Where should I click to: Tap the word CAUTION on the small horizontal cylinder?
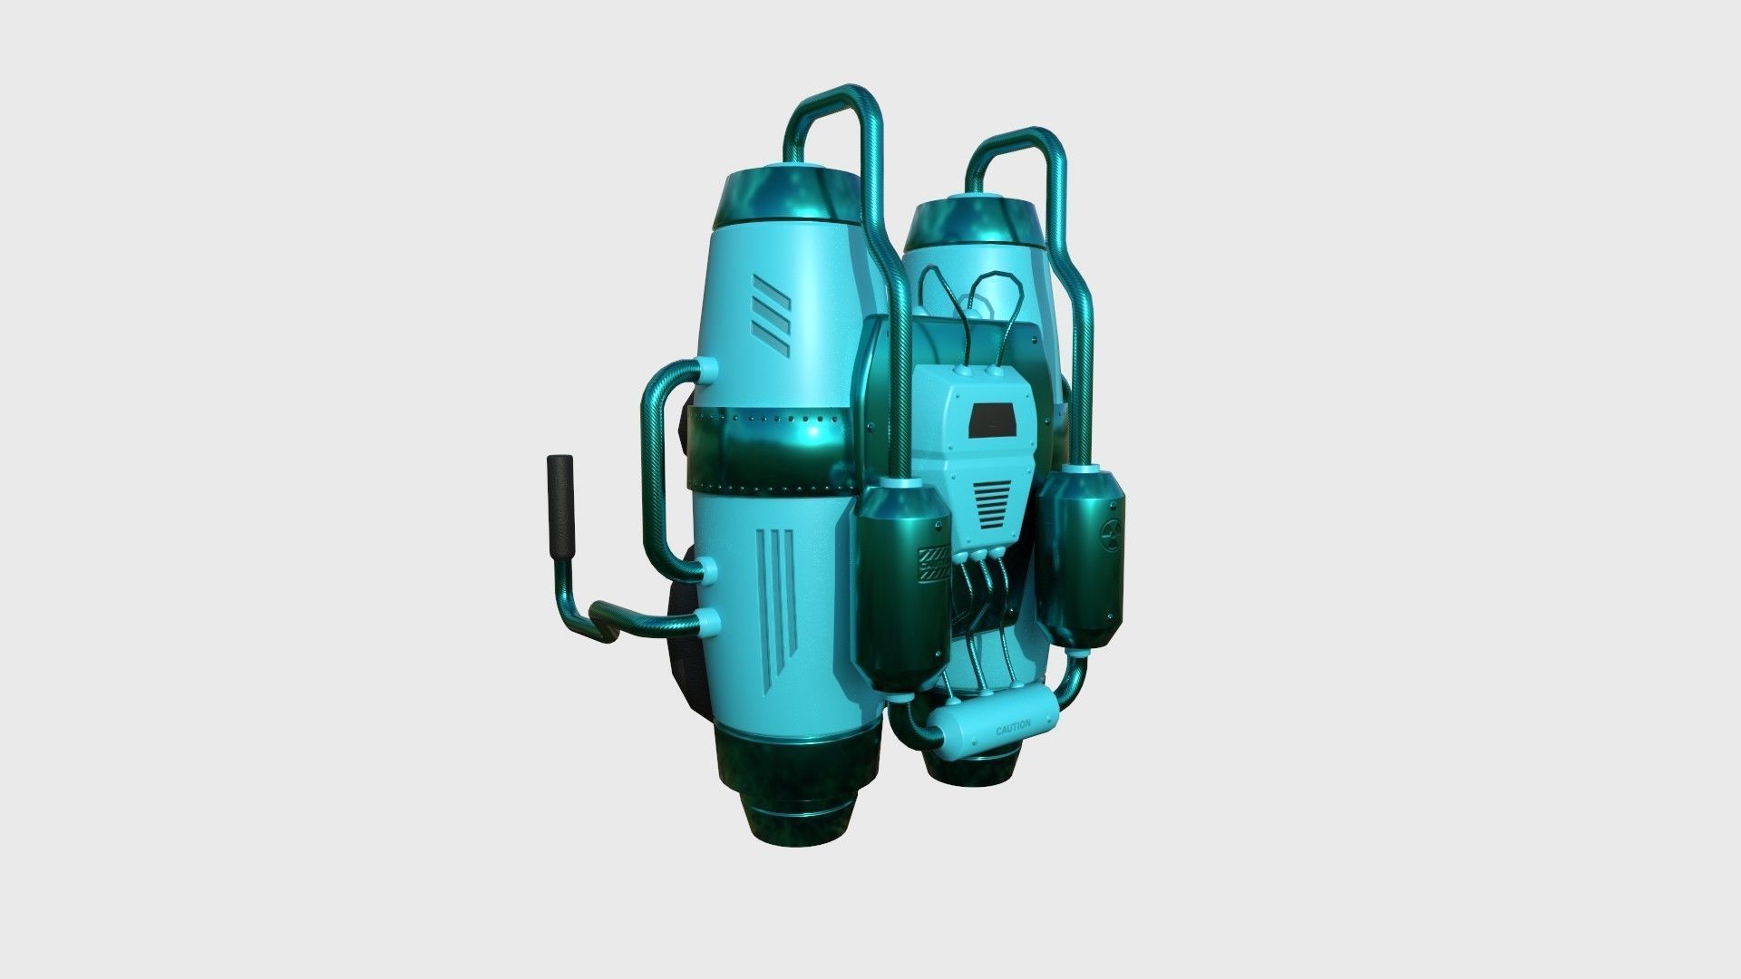point(1012,728)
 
